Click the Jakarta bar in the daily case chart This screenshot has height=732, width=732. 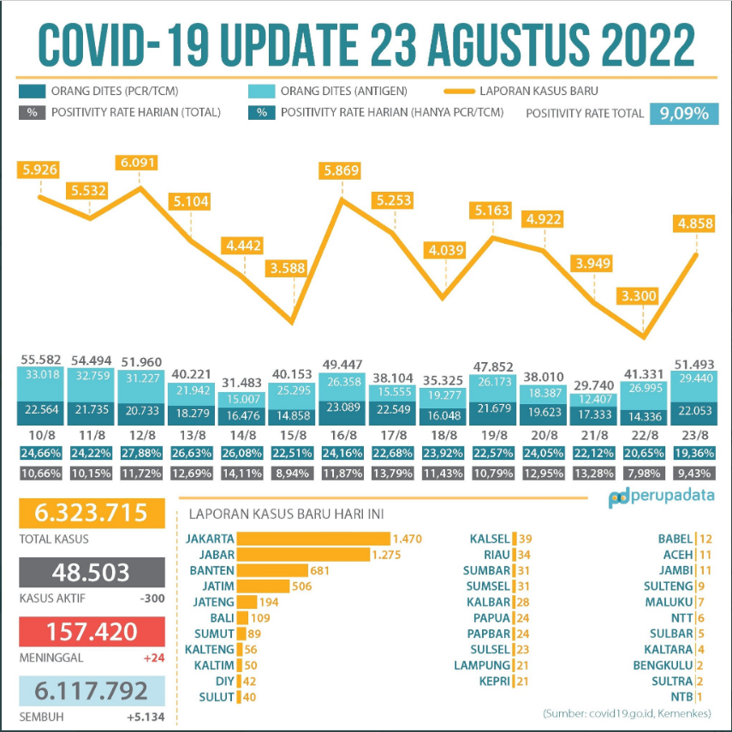pyautogui.click(x=313, y=539)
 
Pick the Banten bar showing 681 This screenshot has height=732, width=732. pyautogui.click(x=272, y=571)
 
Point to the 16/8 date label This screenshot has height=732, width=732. pyautogui.click(x=342, y=434)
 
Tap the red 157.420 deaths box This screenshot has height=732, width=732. pyautogui.click(x=92, y=633)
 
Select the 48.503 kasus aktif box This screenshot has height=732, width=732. pyautogui.click(x=92, y=573)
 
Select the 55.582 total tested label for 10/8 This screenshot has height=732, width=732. pyautogui.click(x=41, y=360)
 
